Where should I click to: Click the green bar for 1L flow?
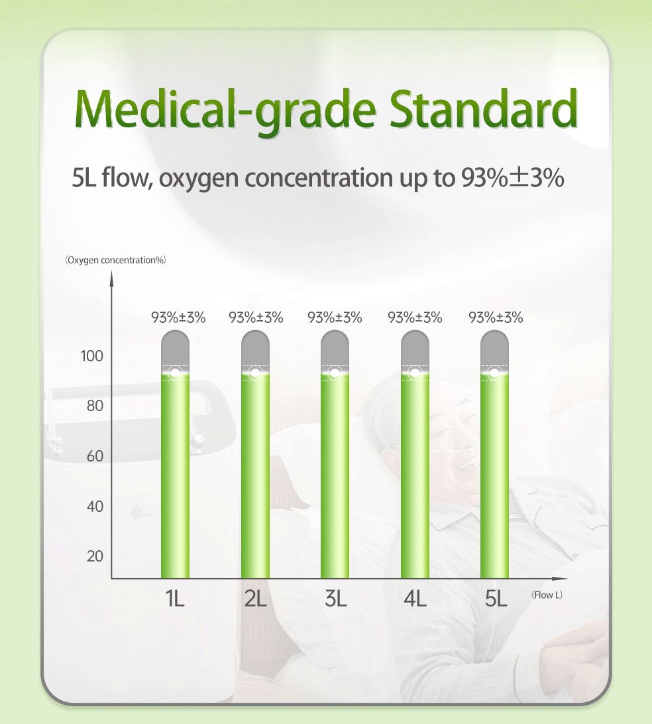pyautogui.click(x=175, y=475)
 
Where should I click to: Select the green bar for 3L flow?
pyautogui.click(x=335, y=475)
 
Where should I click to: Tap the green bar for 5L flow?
pyautogui.click(x=494, y=475)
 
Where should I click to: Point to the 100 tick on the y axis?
pyautogui.click(x=92, y=356)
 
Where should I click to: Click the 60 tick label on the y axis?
pyautogui.click(x=95, y=456)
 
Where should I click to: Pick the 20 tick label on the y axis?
pyautogui.click(x=95, y=556)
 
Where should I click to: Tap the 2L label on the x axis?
pyautogui.click(x=255, y=599)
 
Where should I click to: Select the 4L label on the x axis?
pyautogui.click(x=415, y=599)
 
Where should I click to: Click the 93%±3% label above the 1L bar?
pyautogui.click(x=178, y=318)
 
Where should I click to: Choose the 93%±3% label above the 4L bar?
pyautogui.click(x=415, y=318)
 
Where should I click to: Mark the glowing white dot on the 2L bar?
pyautogui.click(x=255, y=372)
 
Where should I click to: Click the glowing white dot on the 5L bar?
pyautogui.click(x=494, y=372)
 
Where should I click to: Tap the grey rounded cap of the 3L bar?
pyautogui.click(x=335, y=349)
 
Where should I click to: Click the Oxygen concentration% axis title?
pyautogui.click(x=115, y=260)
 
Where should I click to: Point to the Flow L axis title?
pyautogui.click(x=547, y=595)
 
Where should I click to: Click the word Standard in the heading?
pyautogui.click(x=484, y=109)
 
